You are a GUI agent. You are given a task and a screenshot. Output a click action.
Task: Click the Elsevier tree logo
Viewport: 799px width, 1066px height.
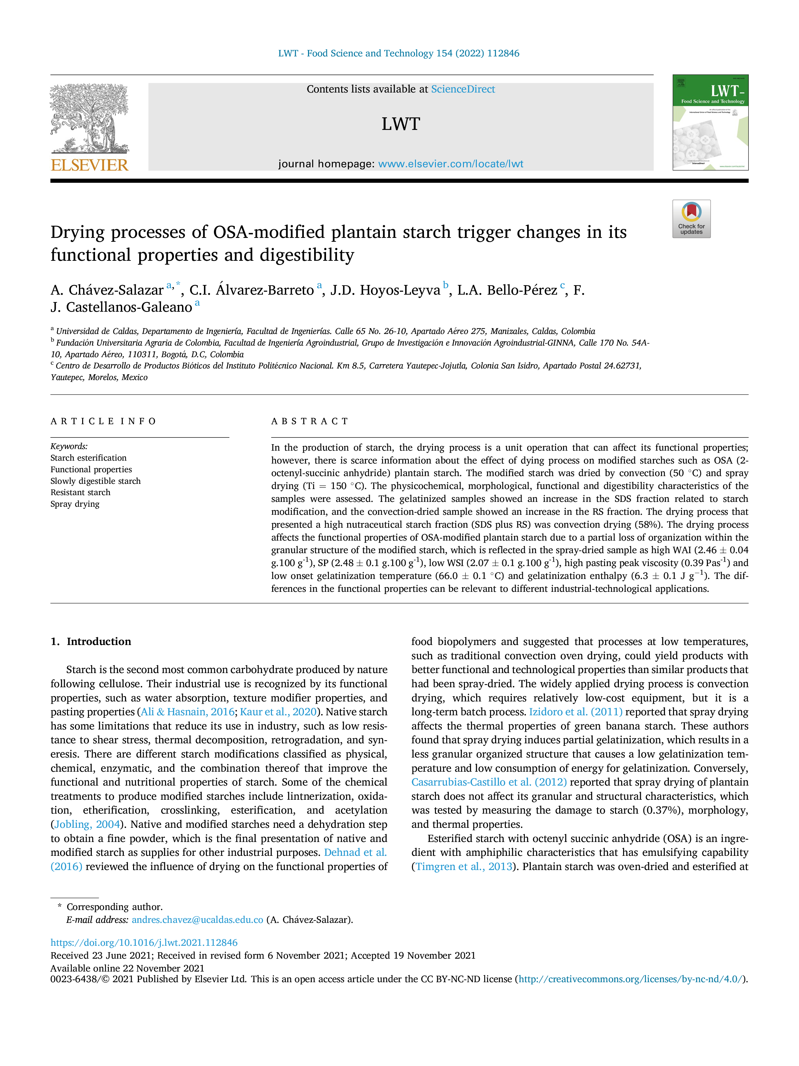pyautogui.click(x=90, y=119)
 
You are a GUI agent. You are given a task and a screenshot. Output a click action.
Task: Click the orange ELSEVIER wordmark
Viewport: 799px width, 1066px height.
pyautogui.click(x=90, y=165)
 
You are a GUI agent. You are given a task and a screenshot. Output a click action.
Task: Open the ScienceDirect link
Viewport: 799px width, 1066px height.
pyautogui.click(x=463, y=89)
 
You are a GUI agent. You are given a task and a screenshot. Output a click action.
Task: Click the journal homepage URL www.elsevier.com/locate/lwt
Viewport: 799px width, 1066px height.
pyautogui.click(x=451, y=164)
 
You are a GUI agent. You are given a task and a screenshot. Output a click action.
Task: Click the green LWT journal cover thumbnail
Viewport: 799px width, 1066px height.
pyautogui.click(x=710, y=122)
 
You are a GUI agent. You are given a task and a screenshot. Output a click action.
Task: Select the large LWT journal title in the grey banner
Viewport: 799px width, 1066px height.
pyautogui.click(x=401, y=124)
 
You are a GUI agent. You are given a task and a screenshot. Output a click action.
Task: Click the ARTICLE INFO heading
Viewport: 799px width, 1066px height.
pyautogui.click(x=103, y=421)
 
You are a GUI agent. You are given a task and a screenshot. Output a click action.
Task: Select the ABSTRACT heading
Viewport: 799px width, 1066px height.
pyautogui.click(x=310, y=421)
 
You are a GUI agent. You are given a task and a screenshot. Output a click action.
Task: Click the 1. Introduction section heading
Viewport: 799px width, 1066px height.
pyautogui.click(x=91, y=641)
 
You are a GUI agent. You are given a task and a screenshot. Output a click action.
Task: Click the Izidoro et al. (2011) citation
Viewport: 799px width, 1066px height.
pyautogui.click(x=575, y=712)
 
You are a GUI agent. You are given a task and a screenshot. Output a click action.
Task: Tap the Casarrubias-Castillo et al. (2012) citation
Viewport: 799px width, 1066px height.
pyautogui.click(x=489, y=782)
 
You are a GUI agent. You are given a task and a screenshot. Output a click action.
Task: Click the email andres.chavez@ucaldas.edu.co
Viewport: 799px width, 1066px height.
pyautogui.click(x=197, y=920)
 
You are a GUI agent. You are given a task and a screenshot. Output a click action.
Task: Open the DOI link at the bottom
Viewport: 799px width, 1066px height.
pyautogui.click(x=144, y=942)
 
